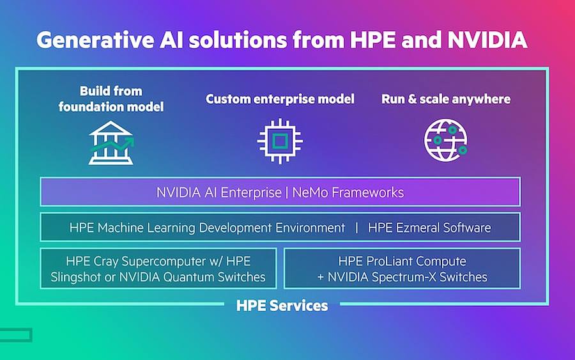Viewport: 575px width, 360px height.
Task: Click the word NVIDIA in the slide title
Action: [487, 40]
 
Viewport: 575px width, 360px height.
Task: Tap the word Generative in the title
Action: [95, 40]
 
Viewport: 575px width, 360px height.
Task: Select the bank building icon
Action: [111, 143]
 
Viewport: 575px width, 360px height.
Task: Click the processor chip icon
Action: [280, 141]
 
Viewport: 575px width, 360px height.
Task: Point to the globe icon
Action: [446, 140]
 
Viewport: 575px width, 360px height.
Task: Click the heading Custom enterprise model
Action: [280, 98]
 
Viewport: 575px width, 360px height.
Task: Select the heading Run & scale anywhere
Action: [446, 98]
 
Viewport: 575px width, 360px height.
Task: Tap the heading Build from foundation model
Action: [111, 98]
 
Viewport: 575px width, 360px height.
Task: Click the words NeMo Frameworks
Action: [348, 192]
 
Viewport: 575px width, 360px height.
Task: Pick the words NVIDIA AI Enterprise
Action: [219, 192]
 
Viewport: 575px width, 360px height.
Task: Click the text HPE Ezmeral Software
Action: [429, 228]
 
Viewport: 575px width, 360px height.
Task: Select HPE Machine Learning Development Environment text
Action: [207, 228]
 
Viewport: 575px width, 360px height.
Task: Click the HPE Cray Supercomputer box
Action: [158, 269]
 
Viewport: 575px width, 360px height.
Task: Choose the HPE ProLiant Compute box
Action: [402, 269]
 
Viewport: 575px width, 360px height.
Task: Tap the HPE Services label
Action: [282, 305]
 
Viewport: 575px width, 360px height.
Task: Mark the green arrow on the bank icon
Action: [112, 145]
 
